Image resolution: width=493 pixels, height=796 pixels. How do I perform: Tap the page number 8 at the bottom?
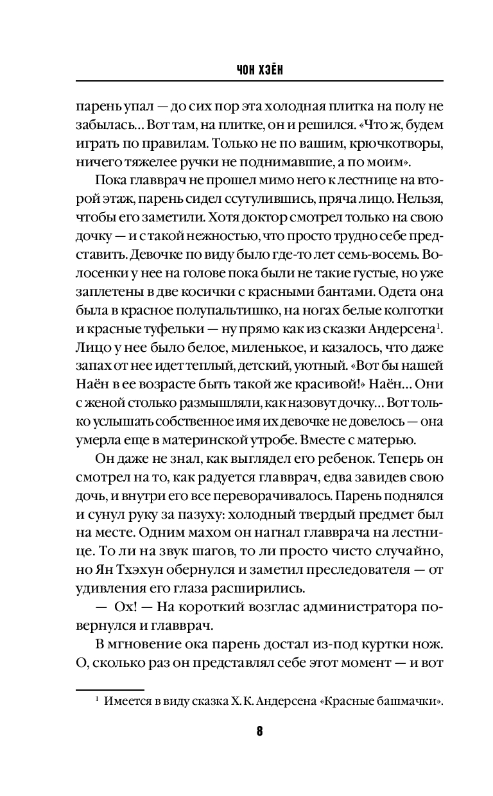[259, 732]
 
